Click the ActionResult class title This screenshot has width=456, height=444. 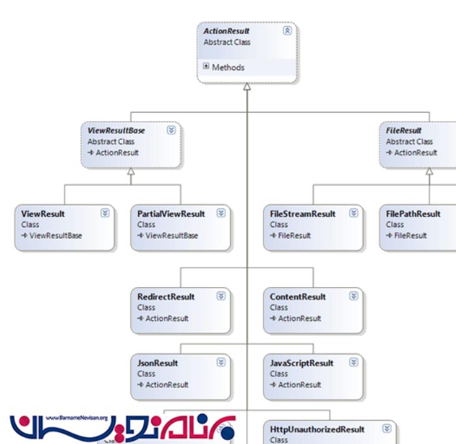pyautogui.click(x=227, y=31)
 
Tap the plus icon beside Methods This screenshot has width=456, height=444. pyautogui.click(x=206, y=66)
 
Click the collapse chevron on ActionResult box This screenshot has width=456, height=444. pyautogui.click(x=287, y=31)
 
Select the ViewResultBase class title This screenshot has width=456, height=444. pyautogui.click(x=116, y=130)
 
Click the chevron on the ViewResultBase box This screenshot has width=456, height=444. pyautogui.click(x=171, y=130)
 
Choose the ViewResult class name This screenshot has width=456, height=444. pyautogui.click(x=43, y=214)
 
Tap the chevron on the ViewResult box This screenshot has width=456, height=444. pyautogui.click(x=105, y=213)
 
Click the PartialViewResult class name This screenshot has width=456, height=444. pyautogui.click(x=171, y=214)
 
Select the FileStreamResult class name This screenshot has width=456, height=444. pyautogui.click(x=303, y=214)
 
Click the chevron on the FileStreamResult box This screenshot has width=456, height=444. pyautogui.click(x=354, y=213)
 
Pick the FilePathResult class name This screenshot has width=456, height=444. pyautogui.click(x=413, y=214)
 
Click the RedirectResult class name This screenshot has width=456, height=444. pyautogui.click(x=166, y=297)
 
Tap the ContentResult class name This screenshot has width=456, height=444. pyautogui.click(x=298, y=297)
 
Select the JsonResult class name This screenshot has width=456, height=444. pyautogui.click(x=158, y=363)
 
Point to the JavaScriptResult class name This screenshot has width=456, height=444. pyautogui.click(x=302, y=363)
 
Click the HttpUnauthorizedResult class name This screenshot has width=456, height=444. pyautogui.click(x=317, y=430)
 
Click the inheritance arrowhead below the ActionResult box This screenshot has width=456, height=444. pyautogui.click(x=247, y=87)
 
